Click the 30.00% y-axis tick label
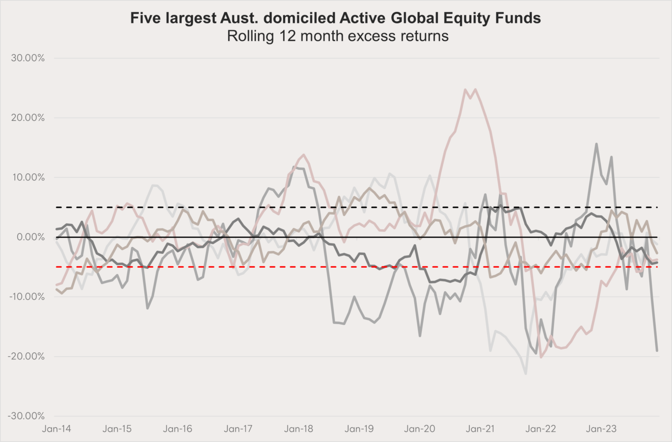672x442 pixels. click(27, 58)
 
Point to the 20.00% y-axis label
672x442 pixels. click(27, 118)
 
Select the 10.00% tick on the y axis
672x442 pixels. click(27, 178)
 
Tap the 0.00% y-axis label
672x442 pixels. click(30, 237)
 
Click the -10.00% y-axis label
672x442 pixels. click(27, 297)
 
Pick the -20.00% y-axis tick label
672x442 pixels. click(27, 356)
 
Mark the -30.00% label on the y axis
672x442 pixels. click(27, 416)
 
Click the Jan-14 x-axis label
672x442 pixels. click(57, 429)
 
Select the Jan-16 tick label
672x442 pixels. click(178, 429)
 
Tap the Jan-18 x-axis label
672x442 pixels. click(299, 429)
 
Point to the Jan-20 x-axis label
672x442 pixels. click(420, 429)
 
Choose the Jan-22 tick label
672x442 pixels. click(540, 429)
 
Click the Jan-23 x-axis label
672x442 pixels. click(601, 429)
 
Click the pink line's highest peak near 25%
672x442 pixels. click(465, 89)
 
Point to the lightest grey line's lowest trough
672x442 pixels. click(526, 373)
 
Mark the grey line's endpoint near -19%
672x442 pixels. click(657, 351)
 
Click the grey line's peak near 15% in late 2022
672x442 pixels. click(596, 144)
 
